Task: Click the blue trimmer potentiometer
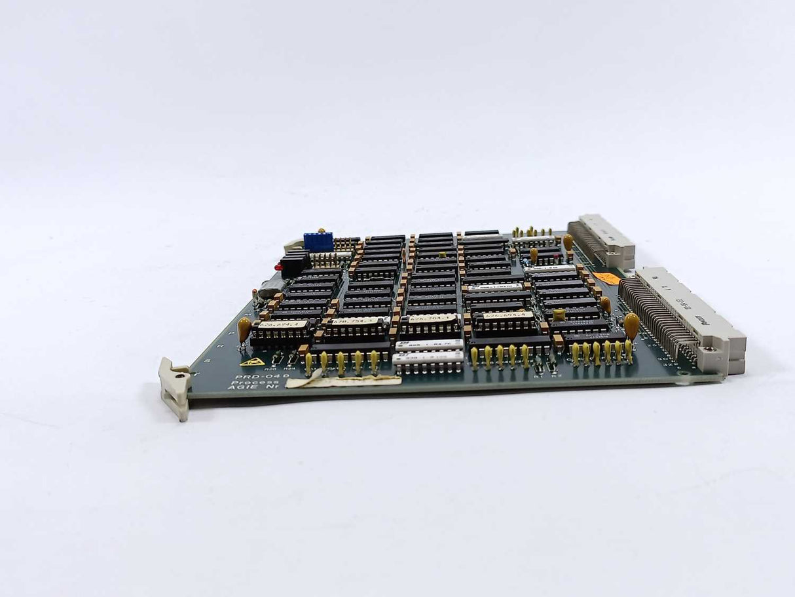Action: tap(318, 241)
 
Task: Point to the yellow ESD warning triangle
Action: tap(251, 361)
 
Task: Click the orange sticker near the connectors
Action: tap(608, 279)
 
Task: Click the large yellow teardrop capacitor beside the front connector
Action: tap(631, 324)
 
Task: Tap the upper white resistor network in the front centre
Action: tap(430, 345)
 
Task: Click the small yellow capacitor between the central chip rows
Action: tap(443, 254)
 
